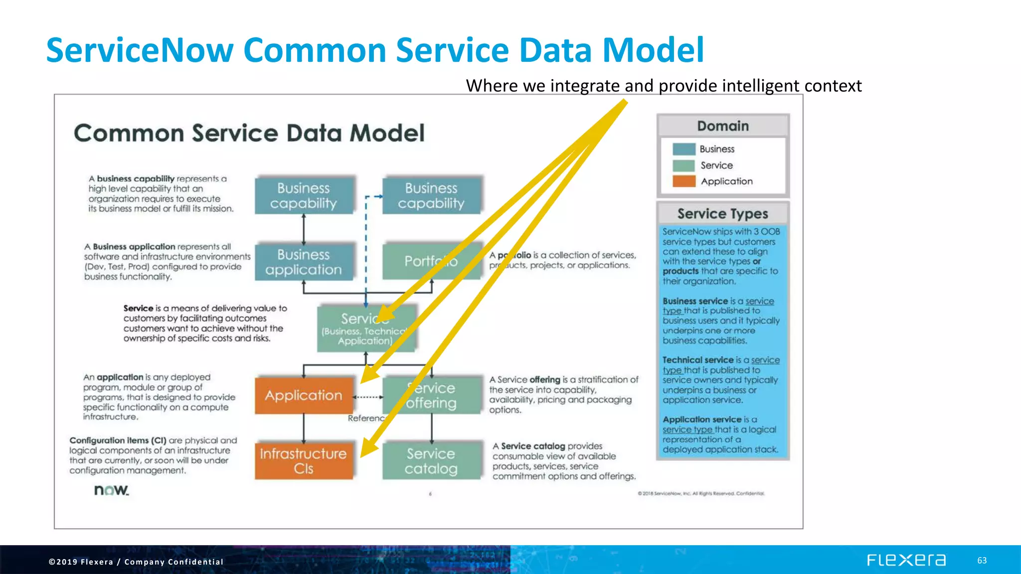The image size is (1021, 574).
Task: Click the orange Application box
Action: pos(304,395)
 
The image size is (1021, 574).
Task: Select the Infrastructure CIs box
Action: pos(304,460)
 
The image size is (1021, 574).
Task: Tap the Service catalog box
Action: pos(431,460)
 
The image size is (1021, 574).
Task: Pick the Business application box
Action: pos(304,262)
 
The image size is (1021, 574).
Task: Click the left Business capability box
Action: pos(304,195)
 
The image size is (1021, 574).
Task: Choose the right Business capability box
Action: pos(431,195)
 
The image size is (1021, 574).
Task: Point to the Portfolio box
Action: pos(431,261)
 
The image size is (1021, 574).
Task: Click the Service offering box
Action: pos(431,395)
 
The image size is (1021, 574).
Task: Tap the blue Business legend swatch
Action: pos(683,149)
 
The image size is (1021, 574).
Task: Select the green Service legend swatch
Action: pos(683,165)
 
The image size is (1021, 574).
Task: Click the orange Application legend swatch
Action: pos(683,181)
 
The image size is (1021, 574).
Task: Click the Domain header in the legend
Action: pos(723,126)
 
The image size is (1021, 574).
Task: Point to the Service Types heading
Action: pos(723,214)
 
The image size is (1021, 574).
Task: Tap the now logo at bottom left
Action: pos(112,490)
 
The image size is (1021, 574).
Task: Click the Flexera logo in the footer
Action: pos(906,560)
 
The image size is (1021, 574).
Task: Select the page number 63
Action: pos(982,561)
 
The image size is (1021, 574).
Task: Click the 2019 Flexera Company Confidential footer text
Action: pos(136,562)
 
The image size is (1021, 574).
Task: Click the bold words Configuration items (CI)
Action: pos(118,440)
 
